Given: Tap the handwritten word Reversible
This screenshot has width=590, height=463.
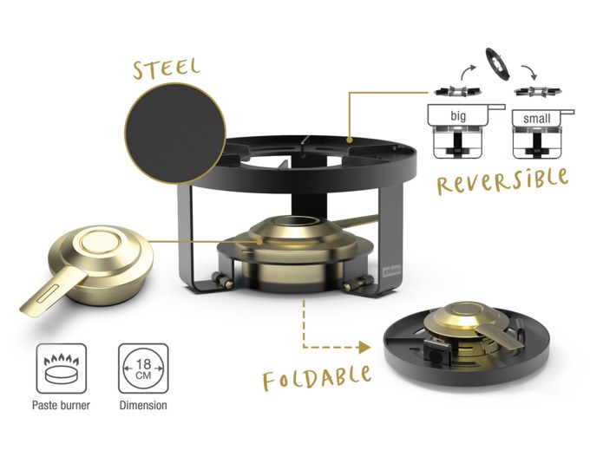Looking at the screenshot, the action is [503, 182].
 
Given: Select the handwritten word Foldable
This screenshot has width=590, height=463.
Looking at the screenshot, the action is [317, 378].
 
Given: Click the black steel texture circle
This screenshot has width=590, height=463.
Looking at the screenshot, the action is [175, 134].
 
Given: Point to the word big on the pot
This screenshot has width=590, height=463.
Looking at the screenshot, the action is [458, 116].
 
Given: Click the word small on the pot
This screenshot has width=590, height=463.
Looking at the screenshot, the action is [536, 119].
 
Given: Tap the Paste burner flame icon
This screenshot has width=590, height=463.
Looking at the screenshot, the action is [62, 368].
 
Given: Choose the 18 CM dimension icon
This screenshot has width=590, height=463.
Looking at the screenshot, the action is [143, 368].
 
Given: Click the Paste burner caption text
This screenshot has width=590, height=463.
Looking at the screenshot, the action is [61, 406].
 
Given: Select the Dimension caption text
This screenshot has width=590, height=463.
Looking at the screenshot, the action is [143, 406].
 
